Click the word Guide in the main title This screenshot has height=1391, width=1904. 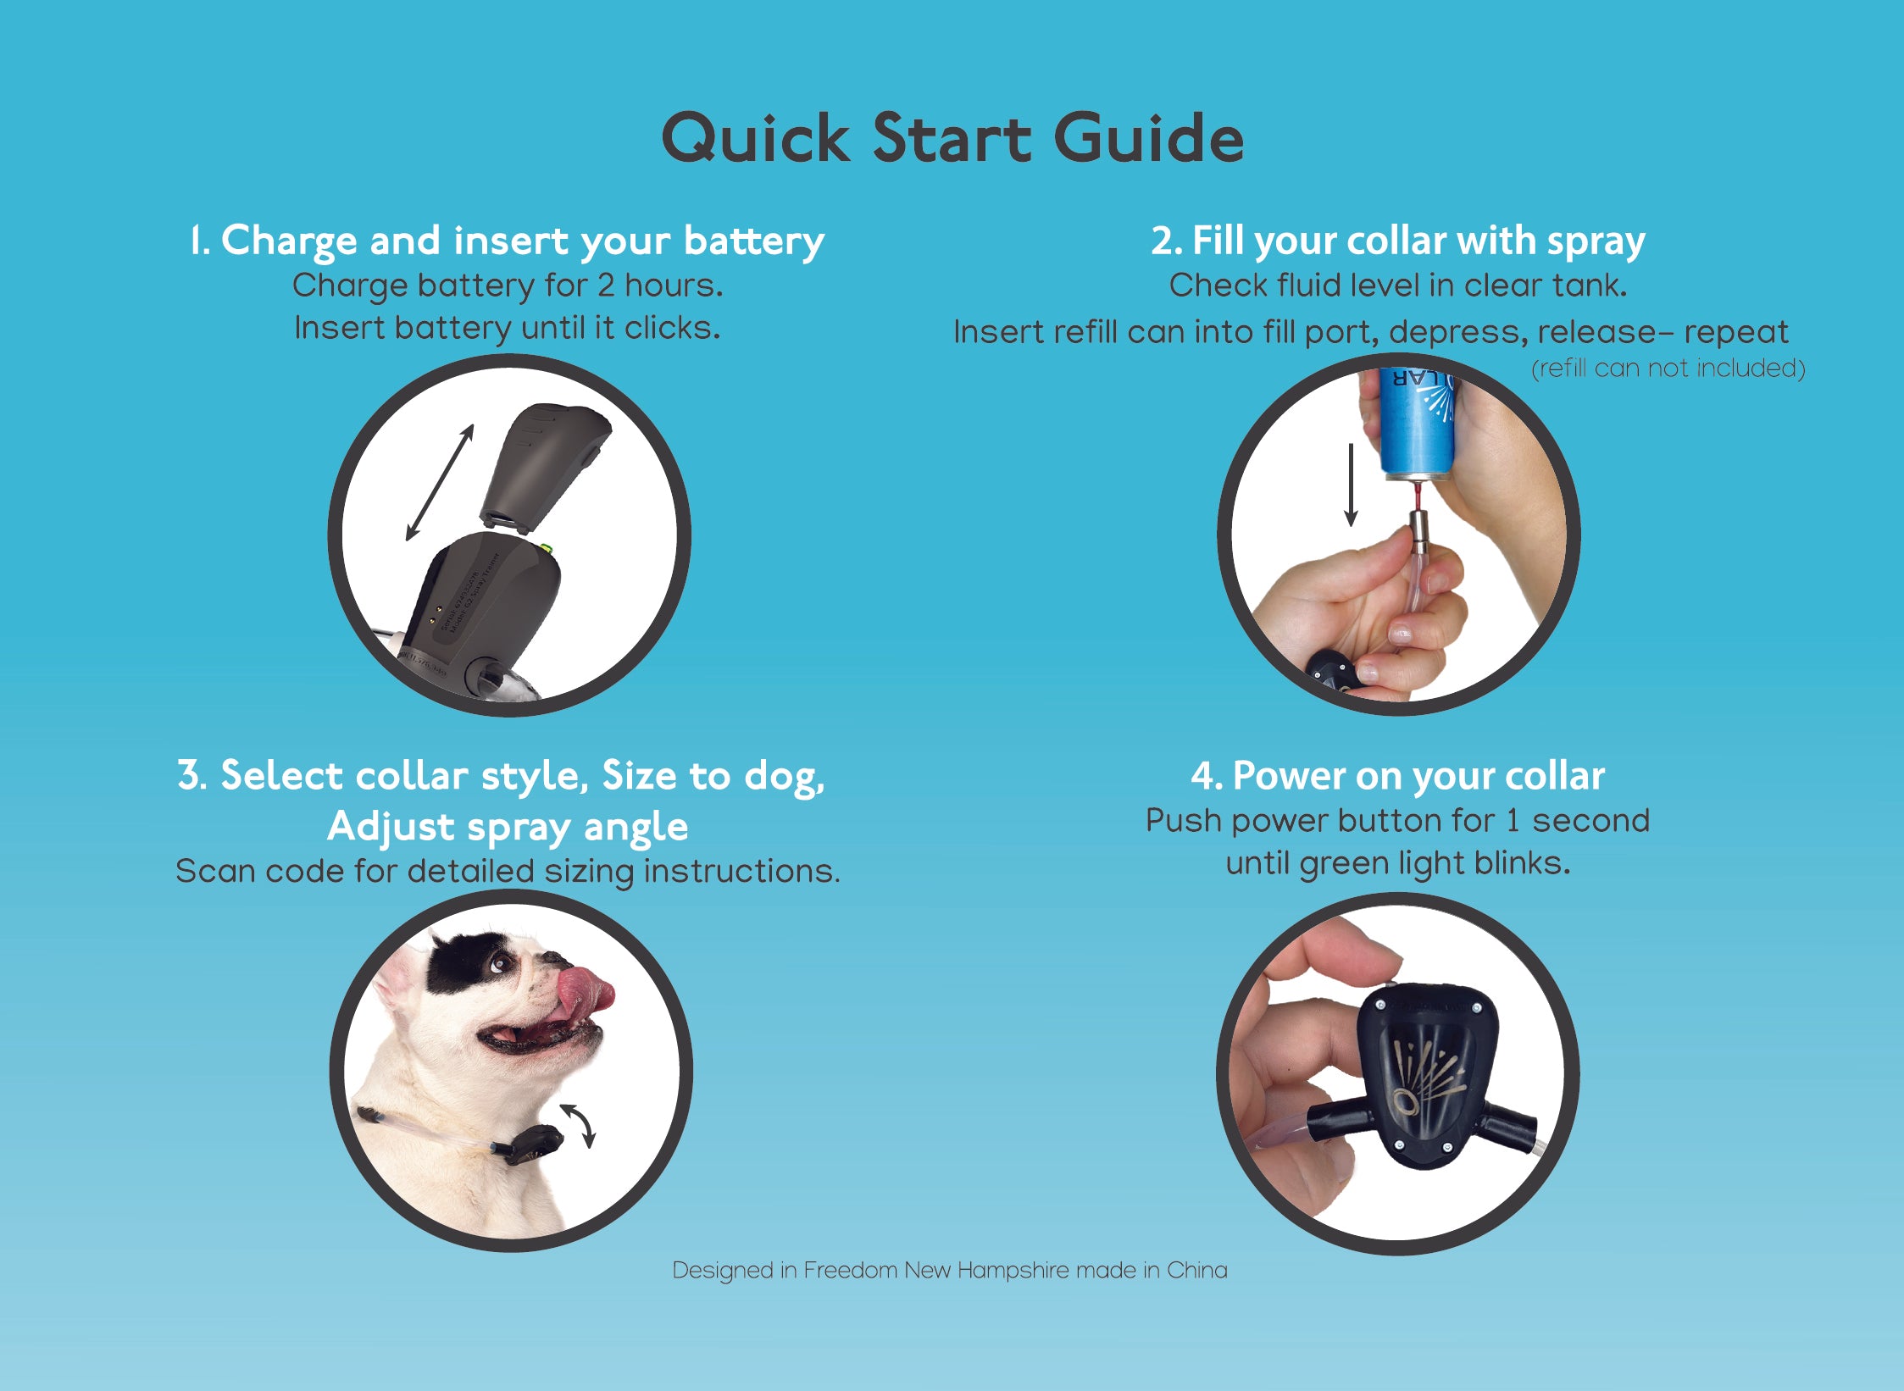(x=1149, y=137)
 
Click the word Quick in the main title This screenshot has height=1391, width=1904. (x=756, y=139)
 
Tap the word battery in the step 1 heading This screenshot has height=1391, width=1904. (x=754, y=241)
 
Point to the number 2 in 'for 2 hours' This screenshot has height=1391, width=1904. (x=605, y=286)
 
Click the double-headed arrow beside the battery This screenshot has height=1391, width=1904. (x=439, y=482)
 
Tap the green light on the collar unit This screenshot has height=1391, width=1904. (x=547, y=549)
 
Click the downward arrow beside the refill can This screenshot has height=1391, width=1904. (x=1351, y=484)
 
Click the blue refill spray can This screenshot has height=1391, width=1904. (x=1417, y=424)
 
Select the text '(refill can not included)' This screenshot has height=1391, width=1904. (x=1668, y=369)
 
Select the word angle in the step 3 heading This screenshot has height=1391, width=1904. (x=636, y=827)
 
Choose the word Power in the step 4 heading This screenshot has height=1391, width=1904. (x=1288, y=776)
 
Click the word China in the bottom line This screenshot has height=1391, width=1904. (x=1197, y=1271)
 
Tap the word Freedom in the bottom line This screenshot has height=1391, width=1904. (x=850, y=1271)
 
